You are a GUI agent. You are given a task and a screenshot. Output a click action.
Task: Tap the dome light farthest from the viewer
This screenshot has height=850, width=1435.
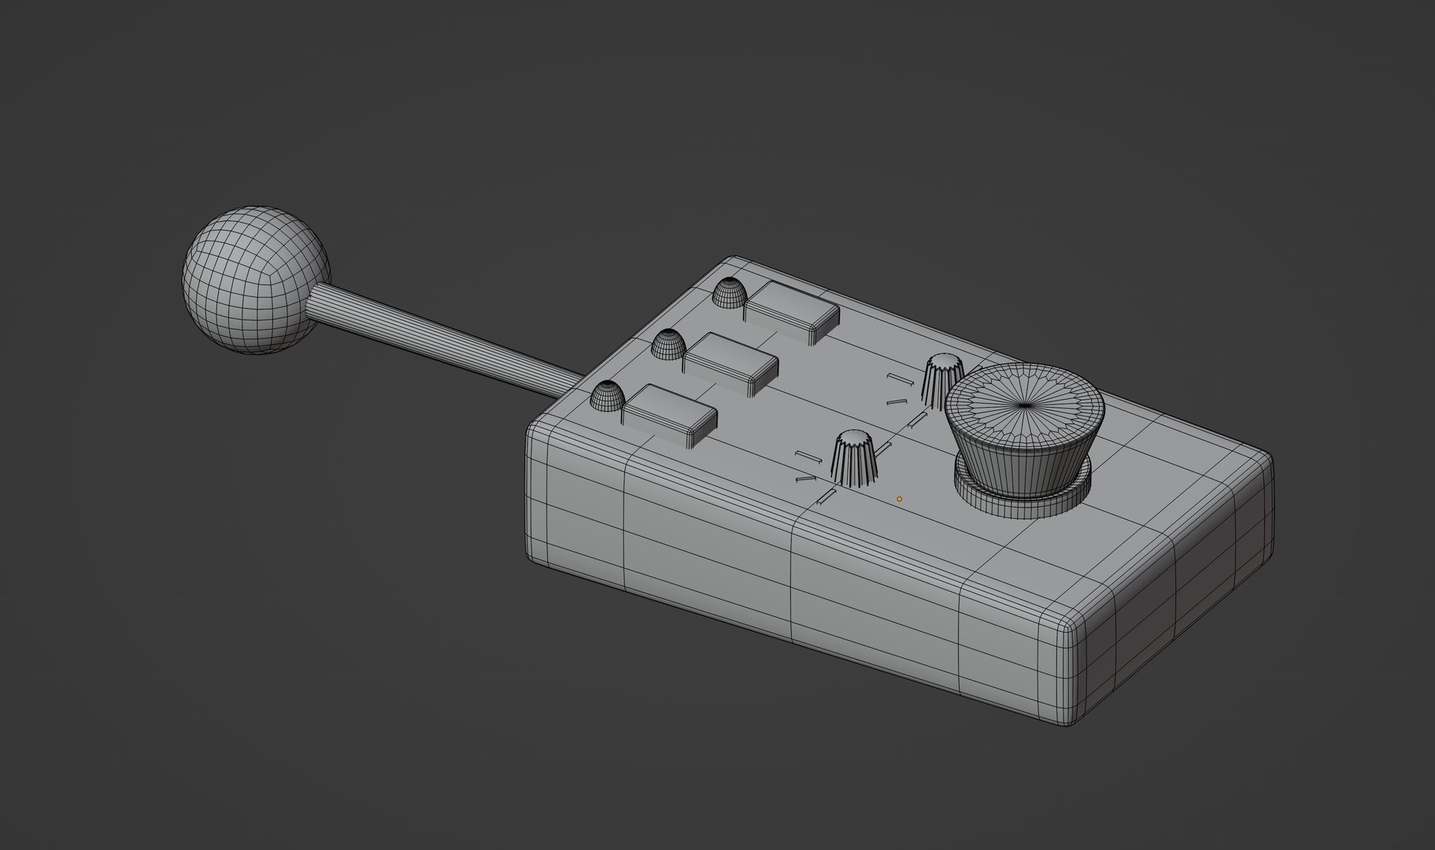point(729,293)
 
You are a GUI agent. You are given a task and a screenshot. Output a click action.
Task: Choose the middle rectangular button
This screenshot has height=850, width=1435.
point(730,362)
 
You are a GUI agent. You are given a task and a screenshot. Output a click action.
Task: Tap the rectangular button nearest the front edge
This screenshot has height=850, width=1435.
point(669,414)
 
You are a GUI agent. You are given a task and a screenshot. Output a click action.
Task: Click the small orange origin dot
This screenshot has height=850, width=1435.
point(899,498)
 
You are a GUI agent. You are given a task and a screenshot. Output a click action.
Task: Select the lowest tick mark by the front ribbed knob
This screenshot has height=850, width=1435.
point(827,496)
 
